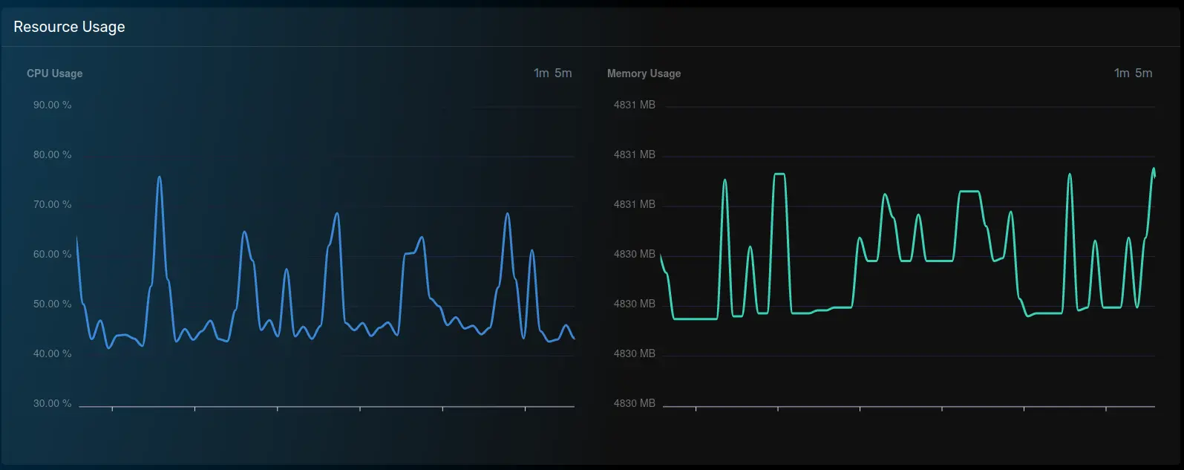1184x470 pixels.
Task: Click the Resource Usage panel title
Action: [69, 27]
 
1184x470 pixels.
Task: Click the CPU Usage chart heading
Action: [54, 74]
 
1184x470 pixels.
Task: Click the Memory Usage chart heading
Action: [644, 74]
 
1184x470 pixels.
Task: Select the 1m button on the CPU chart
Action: [541, 73]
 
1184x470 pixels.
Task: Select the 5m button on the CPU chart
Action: [563, 73]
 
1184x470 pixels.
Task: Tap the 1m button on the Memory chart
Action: [1122, 73]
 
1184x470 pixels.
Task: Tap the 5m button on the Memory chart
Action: [1144, 73]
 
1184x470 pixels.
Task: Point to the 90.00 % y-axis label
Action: [52, 105]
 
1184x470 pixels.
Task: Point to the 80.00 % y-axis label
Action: [52, 154]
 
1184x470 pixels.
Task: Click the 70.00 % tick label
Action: [52, 204]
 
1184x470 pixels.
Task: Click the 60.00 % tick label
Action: [52, 254]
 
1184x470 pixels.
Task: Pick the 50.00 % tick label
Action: [52, 304]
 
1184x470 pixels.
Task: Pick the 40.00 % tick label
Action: [52, 353]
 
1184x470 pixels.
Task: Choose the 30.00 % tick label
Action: [52, 403]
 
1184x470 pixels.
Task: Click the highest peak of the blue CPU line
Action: [160, 177]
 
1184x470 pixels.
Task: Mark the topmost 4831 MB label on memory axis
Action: [634, 105]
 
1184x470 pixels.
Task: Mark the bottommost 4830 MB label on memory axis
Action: [634, 403]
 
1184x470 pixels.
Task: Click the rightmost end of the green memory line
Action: [1154, 174]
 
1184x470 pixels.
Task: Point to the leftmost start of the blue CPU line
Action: [77, 238]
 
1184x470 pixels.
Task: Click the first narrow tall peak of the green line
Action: [725, 180]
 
